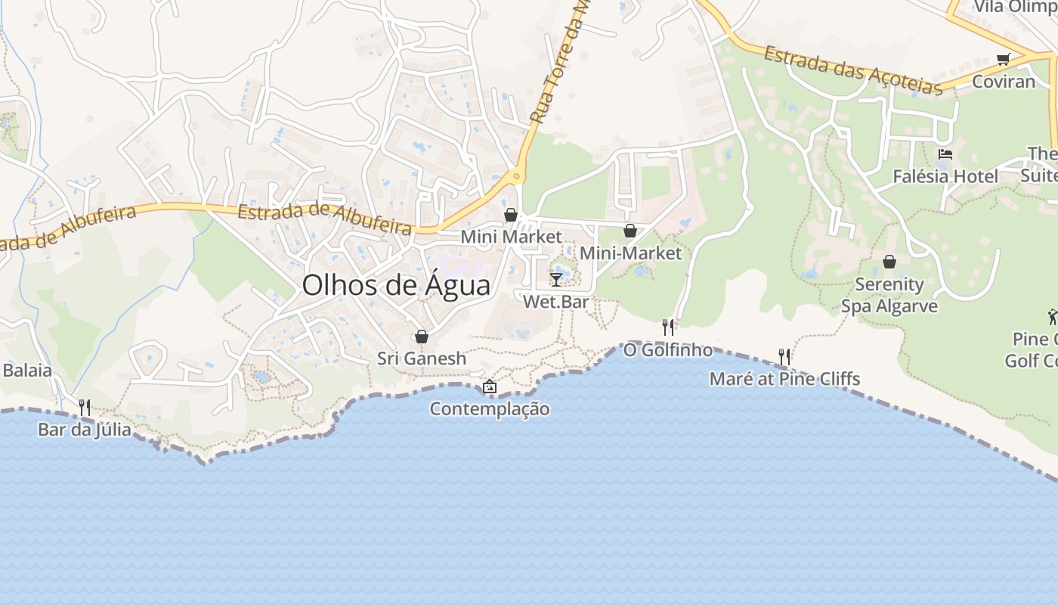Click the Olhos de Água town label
[396, 285]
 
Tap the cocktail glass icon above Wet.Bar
[556, 280]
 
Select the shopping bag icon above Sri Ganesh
[422, 337]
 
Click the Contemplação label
[490, 409]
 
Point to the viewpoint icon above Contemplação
[490, 386]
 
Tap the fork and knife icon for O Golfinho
[668, 327]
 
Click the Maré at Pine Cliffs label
[784, 378]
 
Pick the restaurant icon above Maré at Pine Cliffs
[784, 356]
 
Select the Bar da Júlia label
[85, 430]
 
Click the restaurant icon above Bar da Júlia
[85, 408]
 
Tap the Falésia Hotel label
[945, 176]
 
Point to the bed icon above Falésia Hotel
[945, 154]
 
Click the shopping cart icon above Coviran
[1003, 60]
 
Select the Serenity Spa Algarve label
[889, 295]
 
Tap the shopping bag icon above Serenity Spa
[889, 262]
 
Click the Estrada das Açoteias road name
[853, 70]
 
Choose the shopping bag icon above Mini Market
[511, 215]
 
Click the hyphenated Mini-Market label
[630, 253]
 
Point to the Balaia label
[27, 371]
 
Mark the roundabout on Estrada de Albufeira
[517, 176]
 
